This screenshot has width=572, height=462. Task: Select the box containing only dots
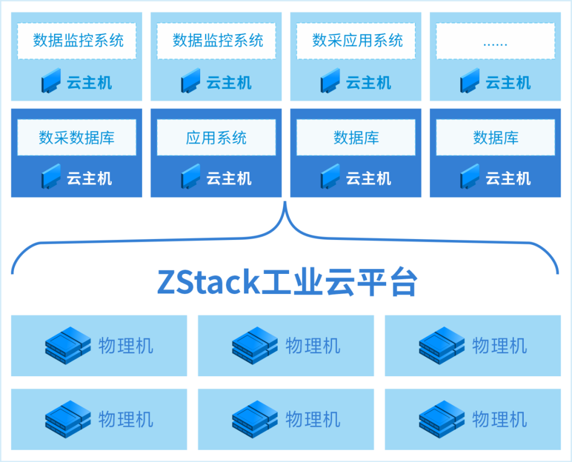pyautogui.click(x=495, y=41)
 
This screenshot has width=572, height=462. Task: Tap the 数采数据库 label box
pyautogui.click(x=77, y=138)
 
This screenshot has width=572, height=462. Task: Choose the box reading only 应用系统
pyautogui.click(x=216, y=138)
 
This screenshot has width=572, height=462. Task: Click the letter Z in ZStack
pyautogui.click(x=168, y=282)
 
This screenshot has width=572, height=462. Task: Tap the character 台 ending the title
pyautogui.click(x=402, y=282)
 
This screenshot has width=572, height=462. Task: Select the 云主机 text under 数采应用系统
pyautogui.click(x=369, y=83)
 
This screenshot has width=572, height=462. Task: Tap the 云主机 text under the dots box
pyautogui.click(x=508, y=83)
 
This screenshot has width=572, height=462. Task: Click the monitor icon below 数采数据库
pyautogui.click(x=51, y=177)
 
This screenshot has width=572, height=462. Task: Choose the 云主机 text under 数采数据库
pyautogui.click(x=90, y=179)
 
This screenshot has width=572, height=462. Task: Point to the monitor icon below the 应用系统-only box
pyautogui.click(x=191, y=177)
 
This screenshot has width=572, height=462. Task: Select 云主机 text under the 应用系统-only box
pyautogui.click(x=229, y=179)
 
